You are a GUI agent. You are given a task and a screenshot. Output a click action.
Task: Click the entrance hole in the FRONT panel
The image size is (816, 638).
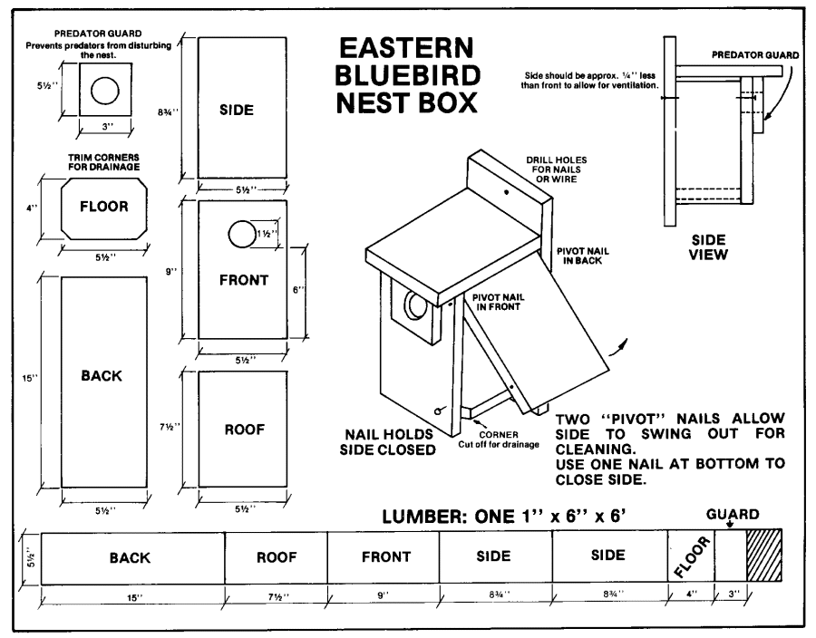point(242,235)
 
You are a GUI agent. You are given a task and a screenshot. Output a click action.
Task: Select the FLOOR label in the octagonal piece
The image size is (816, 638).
point(103,207)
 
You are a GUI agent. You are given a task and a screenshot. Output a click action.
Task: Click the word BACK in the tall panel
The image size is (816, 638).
point(102,376)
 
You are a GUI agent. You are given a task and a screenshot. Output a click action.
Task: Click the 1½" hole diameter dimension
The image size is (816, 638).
point(269,234)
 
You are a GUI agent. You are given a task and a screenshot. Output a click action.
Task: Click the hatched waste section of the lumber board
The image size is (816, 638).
point(763,556)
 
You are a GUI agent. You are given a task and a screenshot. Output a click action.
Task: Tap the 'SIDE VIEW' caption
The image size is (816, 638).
point(708,247)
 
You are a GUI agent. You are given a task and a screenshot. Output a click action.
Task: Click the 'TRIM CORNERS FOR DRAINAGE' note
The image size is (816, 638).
point(104,161)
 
